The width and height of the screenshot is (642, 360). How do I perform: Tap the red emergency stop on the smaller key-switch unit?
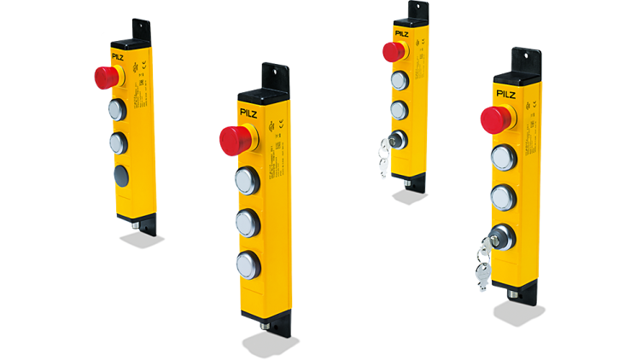393,51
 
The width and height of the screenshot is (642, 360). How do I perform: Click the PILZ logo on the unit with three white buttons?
252,111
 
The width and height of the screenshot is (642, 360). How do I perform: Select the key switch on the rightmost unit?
504,235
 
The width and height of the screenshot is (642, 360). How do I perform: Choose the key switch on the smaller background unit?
397,139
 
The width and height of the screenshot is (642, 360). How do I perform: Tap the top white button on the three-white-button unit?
247,180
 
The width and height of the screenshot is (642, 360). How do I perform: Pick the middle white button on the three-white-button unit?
247,221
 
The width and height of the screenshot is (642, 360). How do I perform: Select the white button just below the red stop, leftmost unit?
117,109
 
